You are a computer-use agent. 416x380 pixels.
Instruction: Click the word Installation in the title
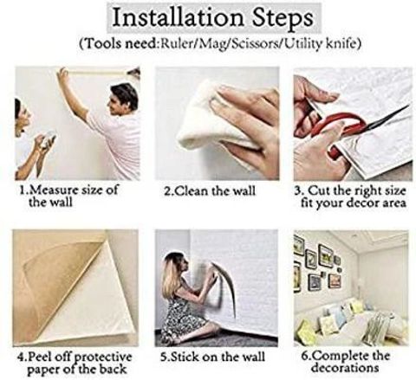tap(178, 18)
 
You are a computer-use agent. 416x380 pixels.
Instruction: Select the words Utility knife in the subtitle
tap(320, 43)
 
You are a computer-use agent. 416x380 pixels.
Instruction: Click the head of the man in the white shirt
tap(123, 98)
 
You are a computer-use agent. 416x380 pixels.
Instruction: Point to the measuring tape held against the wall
tap(97, 72)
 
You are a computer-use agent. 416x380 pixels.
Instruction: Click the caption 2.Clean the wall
tap(210, 191)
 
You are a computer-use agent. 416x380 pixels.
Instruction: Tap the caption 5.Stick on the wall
tap(213, 357)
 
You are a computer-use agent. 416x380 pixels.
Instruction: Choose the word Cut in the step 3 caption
tap(319, 190)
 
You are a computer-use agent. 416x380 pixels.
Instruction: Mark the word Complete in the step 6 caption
tap(340, 356)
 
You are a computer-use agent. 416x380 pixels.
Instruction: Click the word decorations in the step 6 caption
tap(345, 368)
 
